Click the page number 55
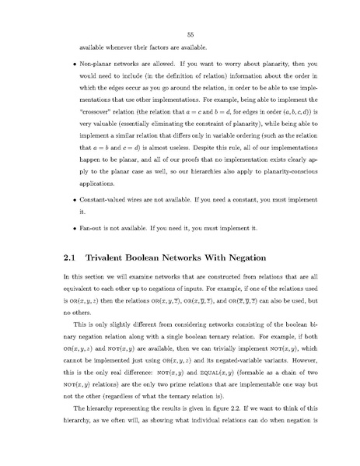pyautogui.click(x=179, y=33)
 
